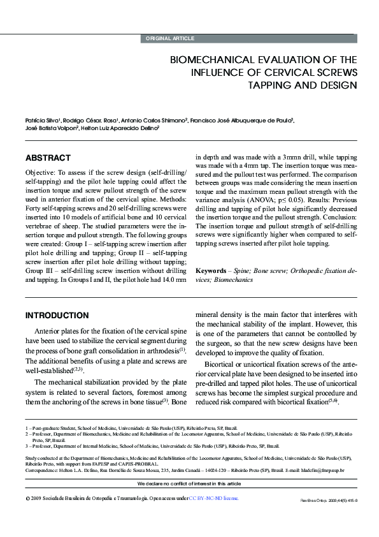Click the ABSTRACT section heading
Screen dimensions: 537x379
[48, 158]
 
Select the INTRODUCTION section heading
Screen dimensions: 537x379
[57, 315]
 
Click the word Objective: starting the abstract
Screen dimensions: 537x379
[43, 173]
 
